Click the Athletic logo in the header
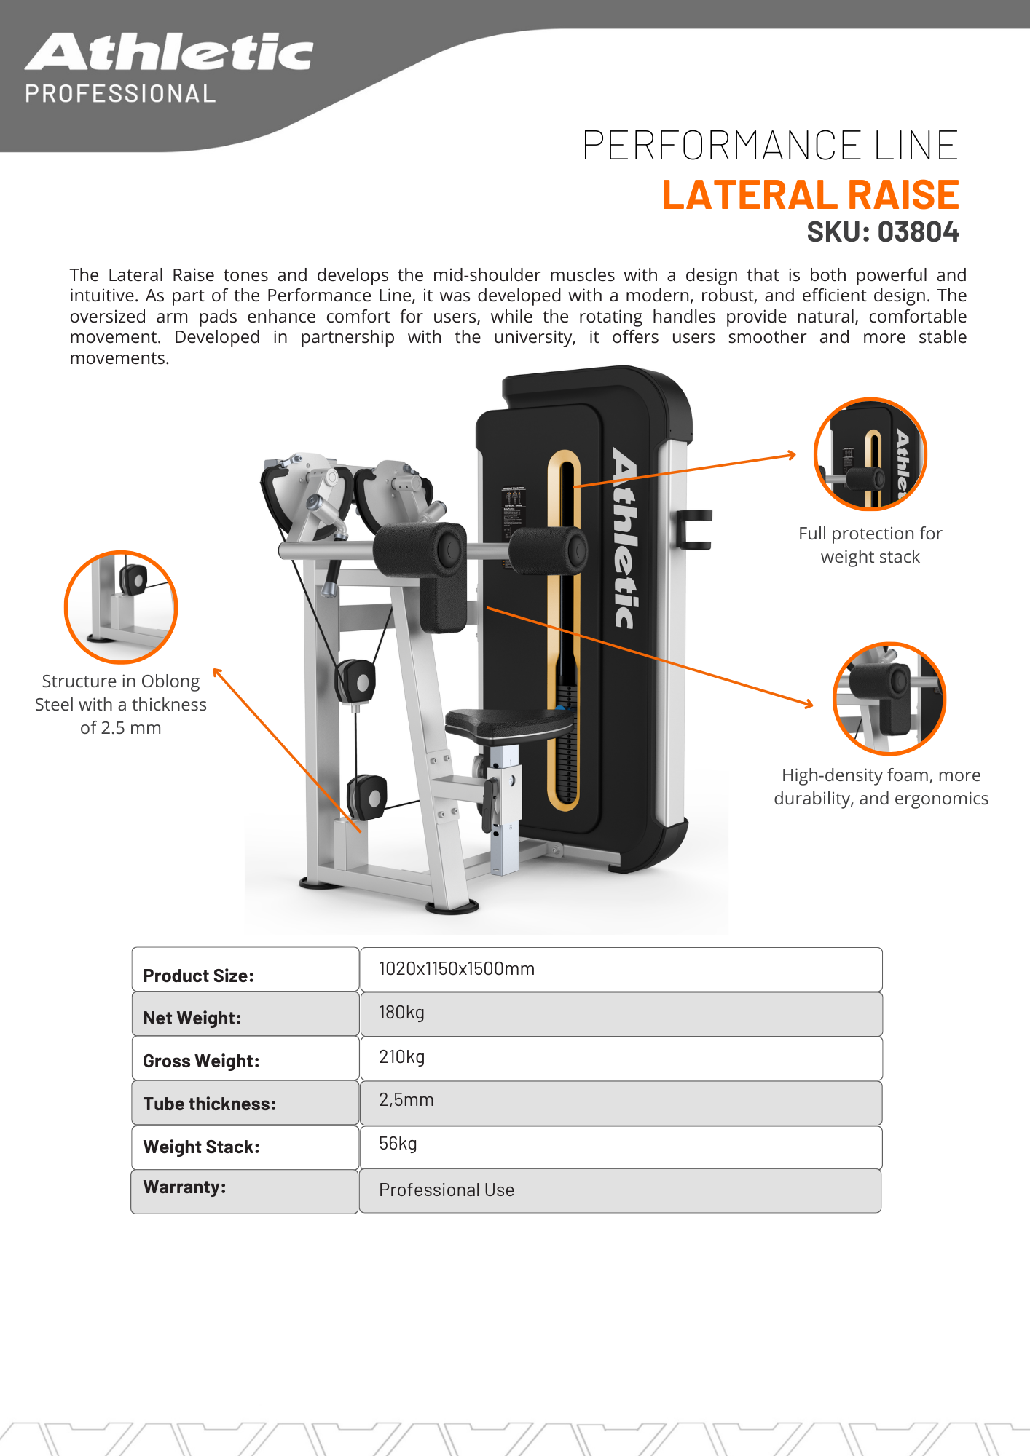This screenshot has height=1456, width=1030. pyautogui.click(x=169, y=52)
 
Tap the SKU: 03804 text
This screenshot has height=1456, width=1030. pyautogui.click(x=882, y=232)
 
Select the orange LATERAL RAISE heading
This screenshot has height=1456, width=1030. pyautogui.click(x=810, y=195)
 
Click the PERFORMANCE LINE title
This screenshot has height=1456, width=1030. pyautogui.click(x=770, y=145)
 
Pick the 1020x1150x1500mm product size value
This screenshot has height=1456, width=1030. pyautogui.click(x=457, y=968)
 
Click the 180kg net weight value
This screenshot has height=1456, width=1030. pyautogui.click(x=401, y=1013)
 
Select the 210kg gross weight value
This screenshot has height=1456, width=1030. pyautogui.click(x=401, y=1057)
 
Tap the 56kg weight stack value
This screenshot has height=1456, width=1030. pyautogui.click(x=398, y=1144)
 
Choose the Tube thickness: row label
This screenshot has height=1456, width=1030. pyautogui.click(x=210, y=1104)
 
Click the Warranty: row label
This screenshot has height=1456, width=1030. pyautogui.click(x=184, y=1187)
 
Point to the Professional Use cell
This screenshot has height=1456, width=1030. pyautogui.click(x=447, y=1190)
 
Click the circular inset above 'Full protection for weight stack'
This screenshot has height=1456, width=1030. pyautogui.click(x=870, y=454)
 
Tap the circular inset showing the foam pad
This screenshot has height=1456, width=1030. pyautogui.click(x=889, y=698)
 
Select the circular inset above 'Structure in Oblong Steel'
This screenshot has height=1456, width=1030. pyautogui.click(x=121, y=607)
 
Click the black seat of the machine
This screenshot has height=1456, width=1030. pyautogui.click(x=509, y=724)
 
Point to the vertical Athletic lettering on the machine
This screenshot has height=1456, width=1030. pyautogui.click(x=625, y=538)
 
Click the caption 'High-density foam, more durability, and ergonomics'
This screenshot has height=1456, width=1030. pyautogui.click(x=881, y=787)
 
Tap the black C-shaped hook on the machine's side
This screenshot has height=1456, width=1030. pyautogui.click(x=691, y=529)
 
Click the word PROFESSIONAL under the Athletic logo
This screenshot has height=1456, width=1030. pyautogui.click(x=120, y=94)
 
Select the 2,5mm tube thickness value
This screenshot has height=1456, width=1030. pyautogui.click(x=406, y=1100)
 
